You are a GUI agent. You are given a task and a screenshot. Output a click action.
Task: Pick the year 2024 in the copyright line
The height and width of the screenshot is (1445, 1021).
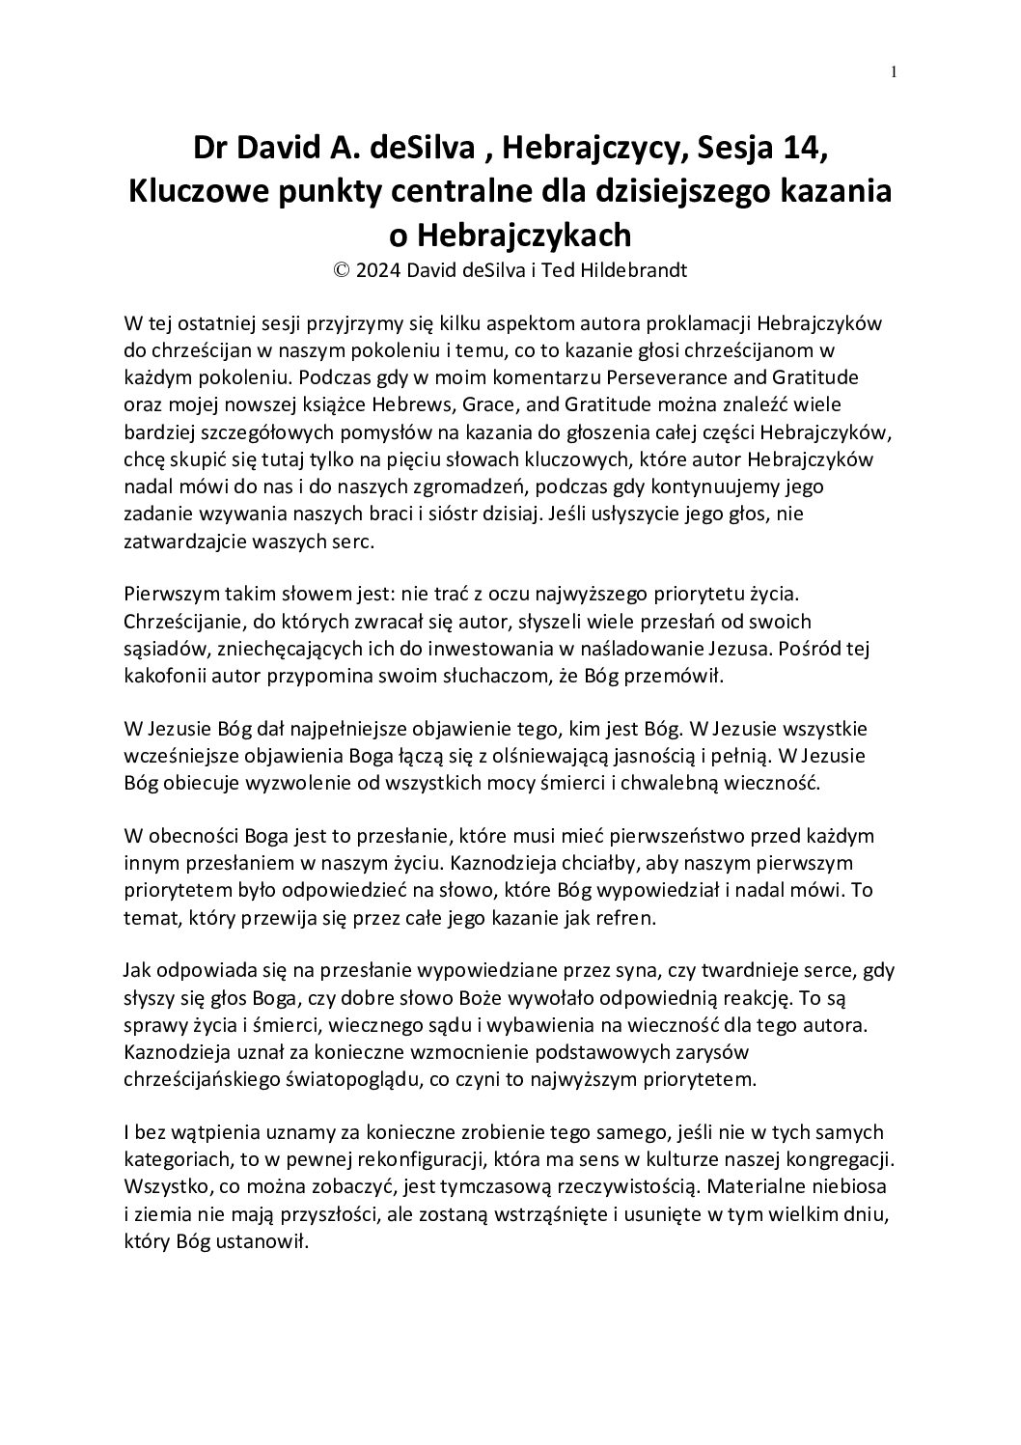377,270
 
